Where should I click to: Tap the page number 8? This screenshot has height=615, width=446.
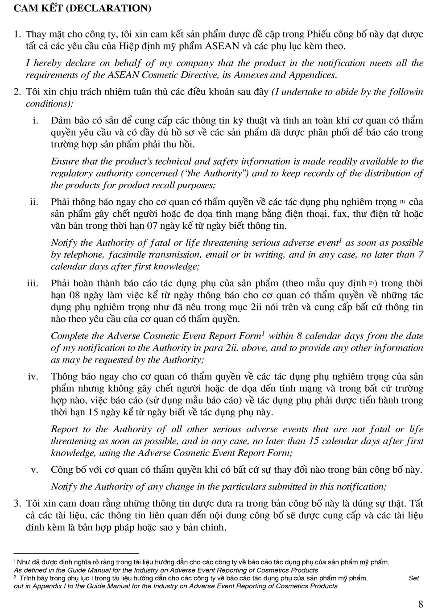(x=421, y=604)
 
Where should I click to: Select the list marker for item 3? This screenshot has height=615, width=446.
(x=17, y=504)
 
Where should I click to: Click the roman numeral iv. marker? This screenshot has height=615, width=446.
(x=33, y=377)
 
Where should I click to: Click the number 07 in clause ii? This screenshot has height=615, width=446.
(x=153, y=226)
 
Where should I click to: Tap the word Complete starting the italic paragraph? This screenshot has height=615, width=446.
(x=70, y=336)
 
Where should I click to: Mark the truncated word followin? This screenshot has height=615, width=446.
(x=404, y=92)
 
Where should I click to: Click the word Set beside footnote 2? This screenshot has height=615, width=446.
(x=413, y=578)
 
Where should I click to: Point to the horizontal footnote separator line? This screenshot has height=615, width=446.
(x=76, y=553)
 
